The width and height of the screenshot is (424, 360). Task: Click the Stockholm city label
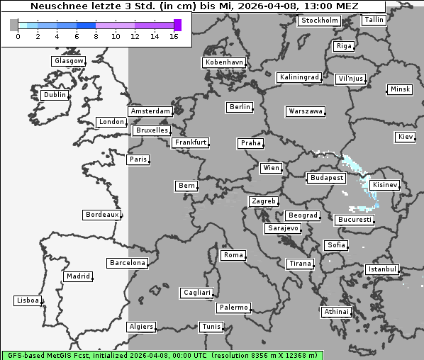(x=319, y=21)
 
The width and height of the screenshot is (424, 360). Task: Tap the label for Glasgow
(x=69, y=61)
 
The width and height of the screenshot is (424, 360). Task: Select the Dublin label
(x=55, y=95)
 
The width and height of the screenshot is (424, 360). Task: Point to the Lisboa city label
(x=28, y=300)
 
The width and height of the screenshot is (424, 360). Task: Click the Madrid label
(x=77, y=276)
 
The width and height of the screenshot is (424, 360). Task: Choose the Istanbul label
(x=382, y=270)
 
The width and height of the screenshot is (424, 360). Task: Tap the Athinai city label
(x=336, y=312)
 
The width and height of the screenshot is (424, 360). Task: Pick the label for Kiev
(x=406, y=137)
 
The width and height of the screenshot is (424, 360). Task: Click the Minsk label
(x=399, y=89)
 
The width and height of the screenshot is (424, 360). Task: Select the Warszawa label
(x=306, y=111)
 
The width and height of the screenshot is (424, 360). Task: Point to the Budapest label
(x=326, y=178)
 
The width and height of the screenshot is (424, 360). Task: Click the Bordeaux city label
(x=101, y=215)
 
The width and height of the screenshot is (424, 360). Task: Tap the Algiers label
(x=140, y=327)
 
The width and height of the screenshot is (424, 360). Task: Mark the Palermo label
(x=233, y=308)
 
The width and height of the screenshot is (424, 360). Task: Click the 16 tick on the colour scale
(x=174, y=36)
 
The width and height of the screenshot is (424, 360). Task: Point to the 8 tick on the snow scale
(x=96, y=36)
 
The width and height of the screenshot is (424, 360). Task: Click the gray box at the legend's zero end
(x=14, y=25)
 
